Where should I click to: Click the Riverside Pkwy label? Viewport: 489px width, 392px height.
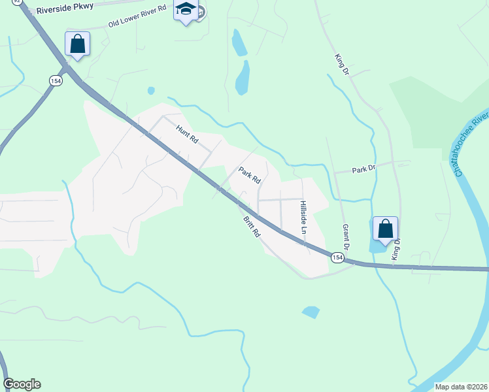pos(65,8)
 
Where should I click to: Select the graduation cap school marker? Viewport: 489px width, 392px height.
pos(186,11)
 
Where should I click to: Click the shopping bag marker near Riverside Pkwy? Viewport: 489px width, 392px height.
pos(77,44)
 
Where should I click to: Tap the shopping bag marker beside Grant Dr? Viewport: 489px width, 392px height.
pos(385,229)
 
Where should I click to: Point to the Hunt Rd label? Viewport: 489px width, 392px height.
pos(186,134)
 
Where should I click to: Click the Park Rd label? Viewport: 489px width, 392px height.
pos(250,175)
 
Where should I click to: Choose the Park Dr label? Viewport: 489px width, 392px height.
pos(364,169)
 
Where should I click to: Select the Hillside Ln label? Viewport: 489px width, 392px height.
pos(303,218)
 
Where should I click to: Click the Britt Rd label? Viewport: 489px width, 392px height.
pos(252,227)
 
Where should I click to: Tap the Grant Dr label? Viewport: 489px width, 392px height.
pos(346,238)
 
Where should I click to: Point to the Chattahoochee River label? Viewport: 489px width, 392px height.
pos(471,143)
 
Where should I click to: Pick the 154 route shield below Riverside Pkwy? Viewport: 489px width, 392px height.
pos(55,80)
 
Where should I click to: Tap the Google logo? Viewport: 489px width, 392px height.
pos(22,384)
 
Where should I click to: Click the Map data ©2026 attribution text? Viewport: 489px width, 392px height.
pos(460,387)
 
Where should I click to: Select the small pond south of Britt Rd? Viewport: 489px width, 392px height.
pos(311,312)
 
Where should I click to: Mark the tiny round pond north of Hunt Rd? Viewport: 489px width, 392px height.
pos(151,90)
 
